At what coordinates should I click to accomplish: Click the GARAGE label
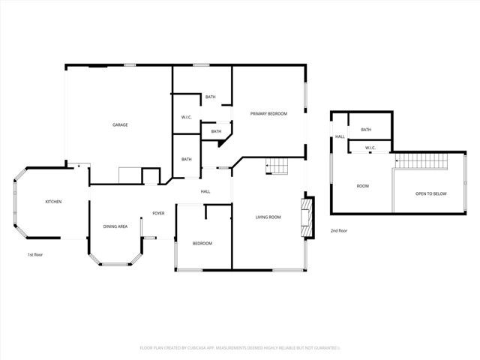(x=120, y=124)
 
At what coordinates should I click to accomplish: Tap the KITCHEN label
(x=53, y=202)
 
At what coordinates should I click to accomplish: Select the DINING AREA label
(x=115, y=226)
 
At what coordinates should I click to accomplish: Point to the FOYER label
(x=158, y=214)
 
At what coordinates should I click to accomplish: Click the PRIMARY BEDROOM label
(x=268, y=112)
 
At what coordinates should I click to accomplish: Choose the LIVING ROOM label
(x=268, y=217)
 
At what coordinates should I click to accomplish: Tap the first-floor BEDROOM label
(x=202, y=243)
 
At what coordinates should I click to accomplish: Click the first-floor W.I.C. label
(x=187, y=117)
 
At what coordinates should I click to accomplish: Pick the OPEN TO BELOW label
(x=431, y=194)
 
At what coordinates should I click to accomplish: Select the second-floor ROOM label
(x=362, y=186)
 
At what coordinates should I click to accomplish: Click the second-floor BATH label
(x=366, y=130)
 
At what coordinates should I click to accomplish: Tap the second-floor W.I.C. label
(x=370, y=148)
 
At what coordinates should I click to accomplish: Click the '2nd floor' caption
(x=339, y=231)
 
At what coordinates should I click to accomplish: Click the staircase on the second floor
(x=421, y=160)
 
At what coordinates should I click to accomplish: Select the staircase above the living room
(x=277, y=166)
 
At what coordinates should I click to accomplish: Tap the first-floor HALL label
(x=205, y=192)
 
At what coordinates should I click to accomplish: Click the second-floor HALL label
(x=340, y=136)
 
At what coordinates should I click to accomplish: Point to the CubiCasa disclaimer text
(x=240, y=348)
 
